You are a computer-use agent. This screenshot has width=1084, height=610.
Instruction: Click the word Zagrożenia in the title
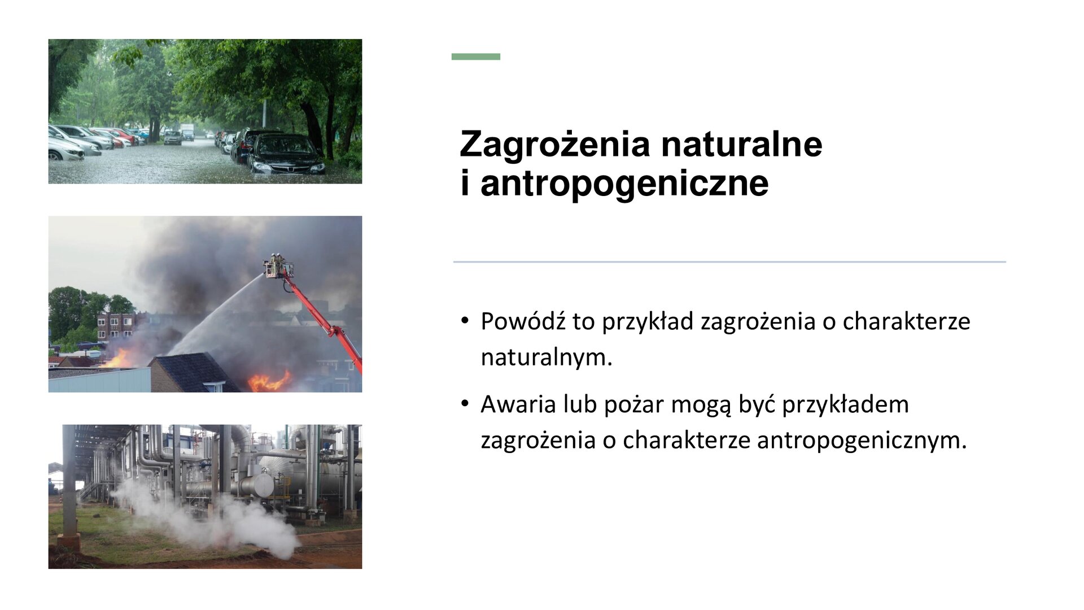click(x=555, y=145)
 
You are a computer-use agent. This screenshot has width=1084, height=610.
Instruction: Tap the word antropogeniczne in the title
click(x=624, y=184)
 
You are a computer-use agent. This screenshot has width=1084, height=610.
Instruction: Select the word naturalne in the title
click(x=741, y=145)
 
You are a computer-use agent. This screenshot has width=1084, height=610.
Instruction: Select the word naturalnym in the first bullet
click(x=546, y=358)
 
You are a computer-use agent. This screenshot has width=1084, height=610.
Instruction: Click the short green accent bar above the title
click(x=475, y=56)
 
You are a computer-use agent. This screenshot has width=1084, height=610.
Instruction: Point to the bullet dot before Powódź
click(x=465, y=321)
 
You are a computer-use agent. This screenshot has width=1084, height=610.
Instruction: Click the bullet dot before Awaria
click(x=465, y=404)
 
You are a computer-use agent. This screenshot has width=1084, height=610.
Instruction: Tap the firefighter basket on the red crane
click(x=278, y=267)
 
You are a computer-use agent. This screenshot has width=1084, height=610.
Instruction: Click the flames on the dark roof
click(x=269, y=382)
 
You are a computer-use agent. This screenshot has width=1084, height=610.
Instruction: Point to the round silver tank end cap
click(x=263, y=485)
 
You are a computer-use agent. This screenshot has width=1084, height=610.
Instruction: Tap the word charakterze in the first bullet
click(x=906, y=321)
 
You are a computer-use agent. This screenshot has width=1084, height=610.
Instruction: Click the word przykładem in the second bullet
click(x=845, y=404)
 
